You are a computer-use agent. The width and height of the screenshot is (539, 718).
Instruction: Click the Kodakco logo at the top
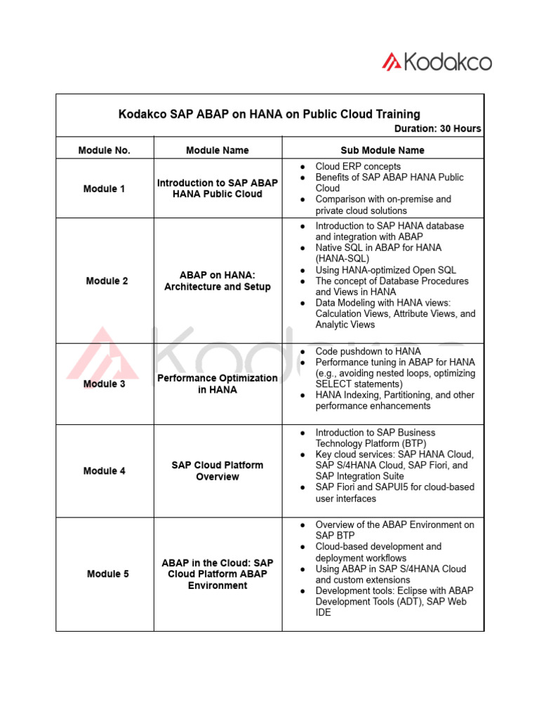pyautogui.click(x=437, y=62)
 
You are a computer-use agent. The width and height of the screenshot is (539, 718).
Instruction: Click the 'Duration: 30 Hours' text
pyautogui.click(x=437, y=128)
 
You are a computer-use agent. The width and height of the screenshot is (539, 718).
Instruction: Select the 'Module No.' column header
pyautogui.click(x=105, y=150)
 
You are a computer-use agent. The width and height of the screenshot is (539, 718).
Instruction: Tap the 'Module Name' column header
pyautogui.click(x=218, y=150)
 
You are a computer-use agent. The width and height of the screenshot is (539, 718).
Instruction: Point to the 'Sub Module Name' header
pyautogui.click(x=382, y=150)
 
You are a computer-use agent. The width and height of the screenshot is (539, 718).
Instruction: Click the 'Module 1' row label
pyautogui.click(x=105, y=189)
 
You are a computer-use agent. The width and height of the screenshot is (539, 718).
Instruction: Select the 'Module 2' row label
pyautogui.click(x=107, y=280)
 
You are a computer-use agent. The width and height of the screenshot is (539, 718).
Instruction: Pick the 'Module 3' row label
pyautogui.click(x=105, y=384)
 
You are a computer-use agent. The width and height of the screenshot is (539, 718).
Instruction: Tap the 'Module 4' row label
pyautogui.click(x=105, y=470)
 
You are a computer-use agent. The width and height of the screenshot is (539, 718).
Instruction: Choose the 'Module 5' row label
pyautogui.click(x=107, y=574)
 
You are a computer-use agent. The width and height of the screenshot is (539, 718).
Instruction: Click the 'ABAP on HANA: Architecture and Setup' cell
pyautogui.click(x=218, y=280)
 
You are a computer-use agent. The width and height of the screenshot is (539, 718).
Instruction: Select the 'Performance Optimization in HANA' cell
pyautogui.click(x=218, y=384)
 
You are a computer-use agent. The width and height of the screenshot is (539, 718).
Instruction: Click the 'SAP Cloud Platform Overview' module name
pyautogui.click(x=218, y=470)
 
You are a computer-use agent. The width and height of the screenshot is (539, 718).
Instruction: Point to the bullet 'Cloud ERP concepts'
pyautogui.click(x=358, y=166)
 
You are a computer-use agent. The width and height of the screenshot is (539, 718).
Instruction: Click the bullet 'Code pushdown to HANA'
pyautogui.click(x=368, y=351)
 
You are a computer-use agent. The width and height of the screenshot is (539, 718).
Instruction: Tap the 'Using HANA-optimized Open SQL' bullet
pyautogui.click(x=385, y=270)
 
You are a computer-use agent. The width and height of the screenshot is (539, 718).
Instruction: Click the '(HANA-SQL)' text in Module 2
pyautogui.click(x=342, y=259)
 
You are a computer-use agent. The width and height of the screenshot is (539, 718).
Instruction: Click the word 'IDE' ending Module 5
pyautogui.click(x=323, y=613)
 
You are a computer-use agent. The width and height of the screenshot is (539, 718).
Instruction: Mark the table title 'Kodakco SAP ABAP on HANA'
pyautogui.click(x=269, y=114)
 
